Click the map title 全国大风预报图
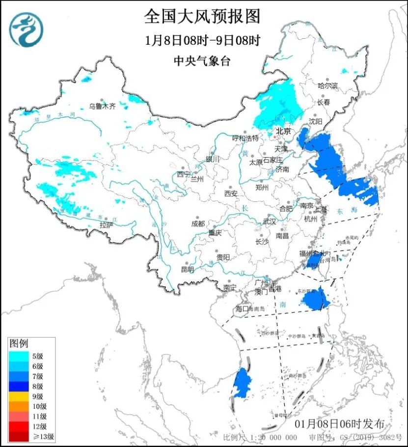click(202, 17)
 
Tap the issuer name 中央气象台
click(202, 61)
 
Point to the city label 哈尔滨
click(328, 85)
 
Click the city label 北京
click(283, 131)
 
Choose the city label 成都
click(197, 223)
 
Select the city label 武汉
click(270, 222)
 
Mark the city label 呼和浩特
click(245, 139)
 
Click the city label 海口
click(243, 308)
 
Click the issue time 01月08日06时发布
click(340, 424)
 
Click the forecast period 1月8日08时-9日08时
click(202, 40)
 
